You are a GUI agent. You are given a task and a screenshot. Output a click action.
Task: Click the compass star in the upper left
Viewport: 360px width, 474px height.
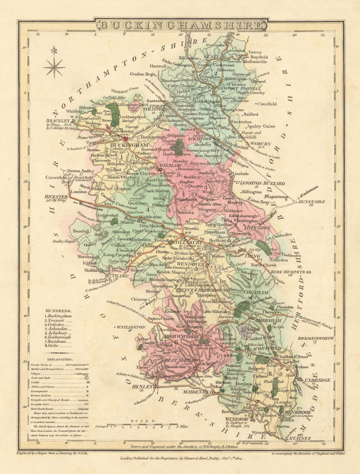coord(54,67)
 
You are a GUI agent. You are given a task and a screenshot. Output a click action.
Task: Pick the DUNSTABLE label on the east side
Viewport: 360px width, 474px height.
coord(311,202)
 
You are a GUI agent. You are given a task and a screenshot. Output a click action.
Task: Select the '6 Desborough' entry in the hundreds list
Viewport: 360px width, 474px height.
coord(58,337)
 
